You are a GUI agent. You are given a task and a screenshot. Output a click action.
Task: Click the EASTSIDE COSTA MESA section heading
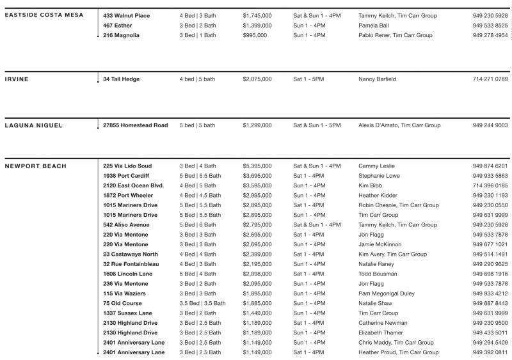pyautogui.click(x=44, y=15)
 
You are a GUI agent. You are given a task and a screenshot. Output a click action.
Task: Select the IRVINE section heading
pyautogui.click(x=17, y=79)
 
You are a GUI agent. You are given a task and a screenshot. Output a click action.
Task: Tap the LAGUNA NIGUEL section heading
pyautogui.click(x=33, y=125)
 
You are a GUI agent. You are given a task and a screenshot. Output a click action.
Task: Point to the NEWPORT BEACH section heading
pyautogui.click(x=35, y=166)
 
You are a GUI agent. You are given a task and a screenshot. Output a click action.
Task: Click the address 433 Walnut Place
pyautogui.click(x=127, y=15)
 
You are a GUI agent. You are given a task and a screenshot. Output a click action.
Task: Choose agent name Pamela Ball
pyautogui.click(x=373, y=26)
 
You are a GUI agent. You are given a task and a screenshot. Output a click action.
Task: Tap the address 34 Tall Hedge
pyautogui.click(x=121, y=79)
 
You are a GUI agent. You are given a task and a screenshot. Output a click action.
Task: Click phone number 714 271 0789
pyautogui.click(x=490, y=79)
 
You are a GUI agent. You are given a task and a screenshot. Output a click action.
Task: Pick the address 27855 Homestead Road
pyautogui.click(x=135, y=125)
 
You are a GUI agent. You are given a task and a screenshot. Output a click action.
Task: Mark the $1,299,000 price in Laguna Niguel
pyautogui.click(x=257, y=125)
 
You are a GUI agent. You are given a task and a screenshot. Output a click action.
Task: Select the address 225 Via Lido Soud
pyautogui.click(x=127, y=166)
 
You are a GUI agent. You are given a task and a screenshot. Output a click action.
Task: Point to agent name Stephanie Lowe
pyautogui.click(x=380, y=176)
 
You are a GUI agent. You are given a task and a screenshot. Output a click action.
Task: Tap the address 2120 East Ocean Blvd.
pyautogui.click(x=134, y=185)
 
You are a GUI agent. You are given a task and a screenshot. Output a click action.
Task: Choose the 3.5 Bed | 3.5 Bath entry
pyautogui.click(x=202, y=304)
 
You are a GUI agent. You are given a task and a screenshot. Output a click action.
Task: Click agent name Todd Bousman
pyautogui.click(x=378, y=274)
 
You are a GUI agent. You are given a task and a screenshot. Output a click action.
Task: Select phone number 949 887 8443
pyautogui.click(x=490, y=304)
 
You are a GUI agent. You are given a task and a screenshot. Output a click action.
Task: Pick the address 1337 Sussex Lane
pyautogui.click(x=127, y=313)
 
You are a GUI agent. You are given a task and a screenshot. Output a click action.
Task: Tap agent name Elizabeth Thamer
pyautogui.click(x=381, y=333)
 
